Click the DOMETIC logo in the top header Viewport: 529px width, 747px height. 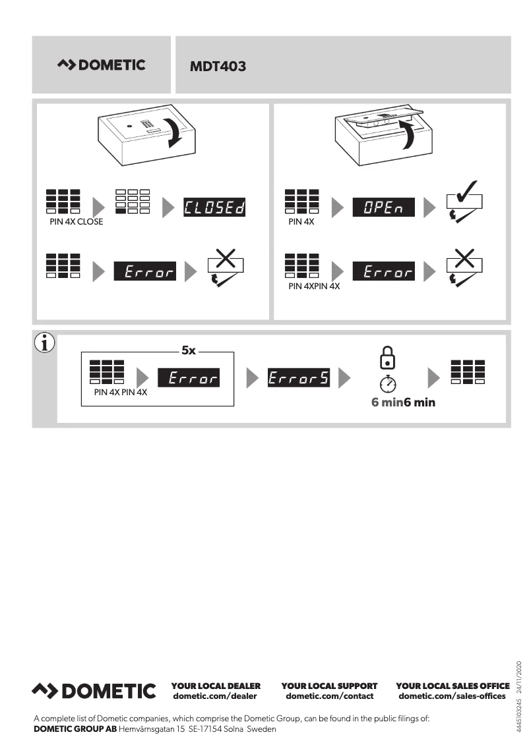tap(102, 65)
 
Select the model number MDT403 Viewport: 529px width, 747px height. tap(218, 67)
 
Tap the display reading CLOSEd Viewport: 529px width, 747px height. tap(214, 208)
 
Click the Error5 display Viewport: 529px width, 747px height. tap(298, 378)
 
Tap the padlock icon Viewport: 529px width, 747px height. tap(389, 358)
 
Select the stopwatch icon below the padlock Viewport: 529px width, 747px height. tap(389, 383)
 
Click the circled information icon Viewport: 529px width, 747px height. tap(44, 344)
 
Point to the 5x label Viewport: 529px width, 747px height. tap(189, 350)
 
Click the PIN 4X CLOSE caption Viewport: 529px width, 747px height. tap(77, 222)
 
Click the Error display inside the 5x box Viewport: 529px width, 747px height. tap(189, 378)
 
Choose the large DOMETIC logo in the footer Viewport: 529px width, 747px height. tap(94, 691)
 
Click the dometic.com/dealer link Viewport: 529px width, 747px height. tap(214, 696)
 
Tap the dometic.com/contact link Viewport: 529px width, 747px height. tap(329, 696)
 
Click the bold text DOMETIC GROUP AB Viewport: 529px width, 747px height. tap(75, 729)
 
